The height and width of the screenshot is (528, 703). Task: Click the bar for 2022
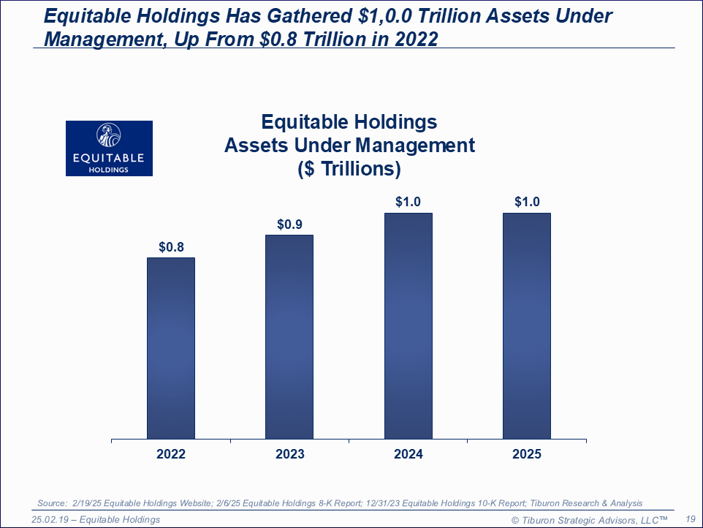coord(171,348)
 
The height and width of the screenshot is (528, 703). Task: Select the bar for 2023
coord(289,337)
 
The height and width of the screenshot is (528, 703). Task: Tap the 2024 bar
coord(408,326)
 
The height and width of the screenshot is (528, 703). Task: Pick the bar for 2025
coord(527,326)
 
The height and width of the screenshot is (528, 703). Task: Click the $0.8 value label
coord(171,247)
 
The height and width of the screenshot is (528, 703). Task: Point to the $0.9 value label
coord(289,225)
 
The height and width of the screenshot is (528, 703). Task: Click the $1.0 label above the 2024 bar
coord(408,202)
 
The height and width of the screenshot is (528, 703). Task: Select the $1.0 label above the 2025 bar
coord(527,202)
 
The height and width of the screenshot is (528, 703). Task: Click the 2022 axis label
coord(171,454)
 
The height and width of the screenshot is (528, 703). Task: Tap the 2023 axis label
coord(289,454)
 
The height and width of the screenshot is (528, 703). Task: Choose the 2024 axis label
coord(408,454)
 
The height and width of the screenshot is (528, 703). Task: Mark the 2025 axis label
coord(527,454)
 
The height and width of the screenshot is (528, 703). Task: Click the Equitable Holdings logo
coord(109,148)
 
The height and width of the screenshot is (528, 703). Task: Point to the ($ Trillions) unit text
coord(349,169)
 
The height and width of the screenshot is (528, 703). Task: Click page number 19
coord(689,519)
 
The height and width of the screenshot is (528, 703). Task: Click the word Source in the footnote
coord(52,503)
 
